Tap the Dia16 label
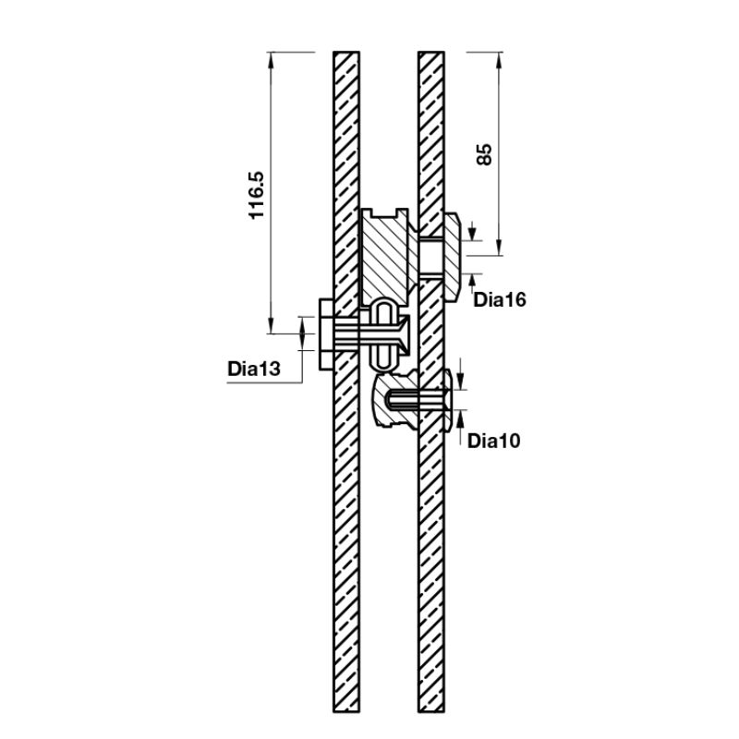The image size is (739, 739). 499,299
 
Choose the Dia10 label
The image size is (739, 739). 493,441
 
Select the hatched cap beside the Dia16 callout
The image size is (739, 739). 455,255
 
